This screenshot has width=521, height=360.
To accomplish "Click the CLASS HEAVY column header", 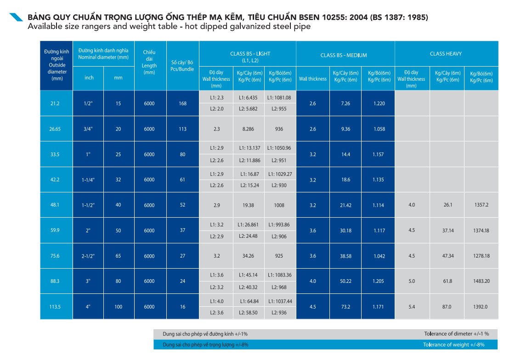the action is tap(446, 54).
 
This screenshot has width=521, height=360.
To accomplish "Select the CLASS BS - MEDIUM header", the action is tap(344, 55).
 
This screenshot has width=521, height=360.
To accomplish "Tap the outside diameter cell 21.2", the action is tap(55, 103).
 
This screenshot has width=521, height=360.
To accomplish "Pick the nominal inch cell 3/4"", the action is tap(88, 129).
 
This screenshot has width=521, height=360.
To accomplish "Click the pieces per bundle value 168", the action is tap(182, 103).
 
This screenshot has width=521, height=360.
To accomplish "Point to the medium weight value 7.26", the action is tap(345, 103).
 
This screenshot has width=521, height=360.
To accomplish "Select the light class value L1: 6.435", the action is tap(248, 98).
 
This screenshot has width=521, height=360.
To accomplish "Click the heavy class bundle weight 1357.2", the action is tap(481, 205).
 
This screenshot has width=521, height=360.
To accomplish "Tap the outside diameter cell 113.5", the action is tap(55, 307).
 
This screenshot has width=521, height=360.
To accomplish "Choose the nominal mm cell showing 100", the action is tap(118, 307).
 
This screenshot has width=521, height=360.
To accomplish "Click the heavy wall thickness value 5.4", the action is tap(412, 307).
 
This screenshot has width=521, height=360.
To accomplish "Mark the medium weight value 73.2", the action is tap(345, 307).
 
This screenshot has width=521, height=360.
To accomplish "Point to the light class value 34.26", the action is tap(248, 256).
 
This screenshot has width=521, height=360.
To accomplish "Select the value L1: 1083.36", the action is tap(279, 275).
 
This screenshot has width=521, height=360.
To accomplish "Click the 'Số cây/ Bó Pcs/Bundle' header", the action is tap(182, 66).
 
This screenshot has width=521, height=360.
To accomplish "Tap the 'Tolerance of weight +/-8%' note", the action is tap(453, 345).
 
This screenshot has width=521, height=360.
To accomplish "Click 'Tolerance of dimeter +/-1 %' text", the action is tap(457, 334).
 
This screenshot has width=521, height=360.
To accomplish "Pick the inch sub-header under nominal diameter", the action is tap(89, 78).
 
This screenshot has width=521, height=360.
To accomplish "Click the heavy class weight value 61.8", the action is tap(447, 281).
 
